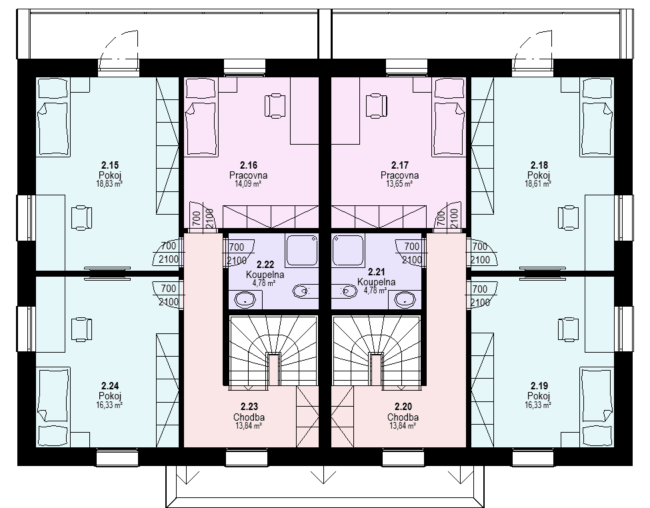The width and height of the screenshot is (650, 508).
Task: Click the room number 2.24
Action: [109, 386]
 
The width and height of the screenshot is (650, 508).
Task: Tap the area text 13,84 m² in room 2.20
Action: [403, 426]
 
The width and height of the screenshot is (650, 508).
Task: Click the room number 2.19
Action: [539, 386]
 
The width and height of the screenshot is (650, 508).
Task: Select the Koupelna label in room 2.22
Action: [265, 275]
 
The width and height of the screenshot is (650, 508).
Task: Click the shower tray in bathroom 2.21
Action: [348, 250]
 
